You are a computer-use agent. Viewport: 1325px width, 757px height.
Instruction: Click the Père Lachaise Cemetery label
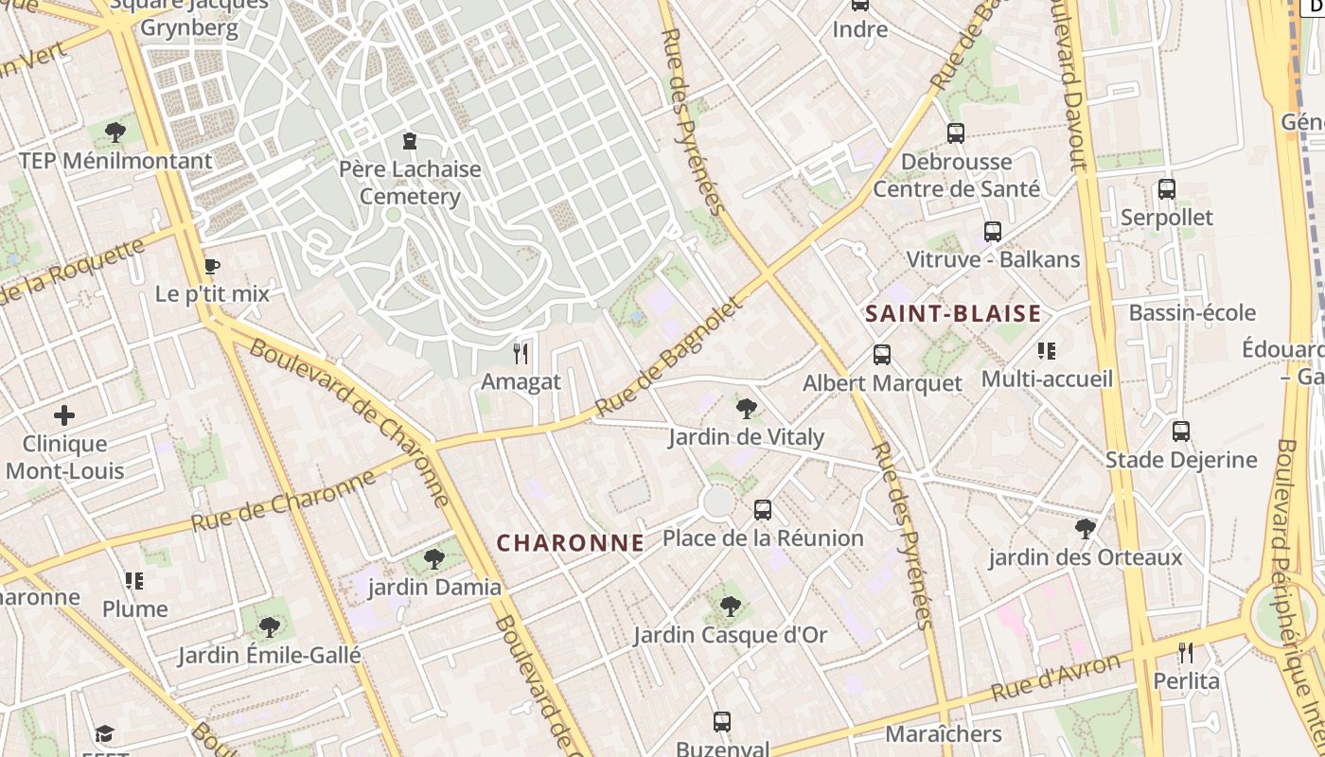coord(410,184)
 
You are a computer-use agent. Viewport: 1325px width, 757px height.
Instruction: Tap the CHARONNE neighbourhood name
coord(571,543)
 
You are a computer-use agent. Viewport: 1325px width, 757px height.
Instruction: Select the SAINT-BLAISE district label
coord(953,314)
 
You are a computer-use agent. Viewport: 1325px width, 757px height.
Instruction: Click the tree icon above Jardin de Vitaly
coord(746,409)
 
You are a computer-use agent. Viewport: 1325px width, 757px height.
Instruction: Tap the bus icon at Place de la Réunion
coord(763,510)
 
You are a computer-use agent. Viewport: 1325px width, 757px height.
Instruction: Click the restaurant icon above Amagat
coord(520,354)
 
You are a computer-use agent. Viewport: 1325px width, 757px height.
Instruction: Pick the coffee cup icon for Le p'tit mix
coord(212,267)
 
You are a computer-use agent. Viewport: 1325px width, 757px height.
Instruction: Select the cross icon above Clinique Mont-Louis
coord(64,414)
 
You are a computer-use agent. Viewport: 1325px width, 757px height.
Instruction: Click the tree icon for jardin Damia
coord(434,559)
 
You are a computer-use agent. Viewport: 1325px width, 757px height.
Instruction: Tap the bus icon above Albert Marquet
coord(881,355)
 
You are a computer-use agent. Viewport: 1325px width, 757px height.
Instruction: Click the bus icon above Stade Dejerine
coord(1181,431)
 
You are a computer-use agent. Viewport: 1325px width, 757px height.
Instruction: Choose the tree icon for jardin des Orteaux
coord(1086,528)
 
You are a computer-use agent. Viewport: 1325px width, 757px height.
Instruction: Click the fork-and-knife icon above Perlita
coord(1185,652)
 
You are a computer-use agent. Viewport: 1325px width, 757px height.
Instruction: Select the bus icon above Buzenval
coord(722,722)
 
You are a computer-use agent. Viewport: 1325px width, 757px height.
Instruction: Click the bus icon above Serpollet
coord(1166,189)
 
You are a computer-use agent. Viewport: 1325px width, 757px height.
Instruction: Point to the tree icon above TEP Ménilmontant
coord(115,132)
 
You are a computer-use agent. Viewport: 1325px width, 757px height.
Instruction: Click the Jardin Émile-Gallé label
coord(270,655)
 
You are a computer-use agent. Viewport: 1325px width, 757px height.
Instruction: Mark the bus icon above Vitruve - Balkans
coord(992,231)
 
